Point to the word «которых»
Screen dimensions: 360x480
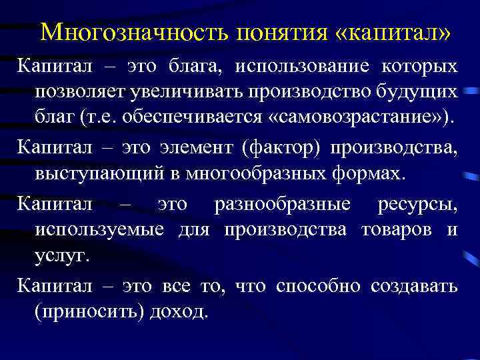[419, 67]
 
